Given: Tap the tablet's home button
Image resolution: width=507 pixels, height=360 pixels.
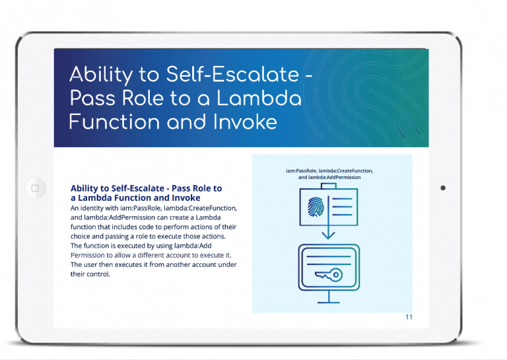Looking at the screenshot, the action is point(35,188).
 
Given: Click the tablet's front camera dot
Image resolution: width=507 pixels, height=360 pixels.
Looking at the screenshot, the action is point(443,188).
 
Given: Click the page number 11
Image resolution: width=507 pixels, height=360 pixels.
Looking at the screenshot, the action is point(409,317).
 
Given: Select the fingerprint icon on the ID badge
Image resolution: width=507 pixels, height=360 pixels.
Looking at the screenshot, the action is point(316,207).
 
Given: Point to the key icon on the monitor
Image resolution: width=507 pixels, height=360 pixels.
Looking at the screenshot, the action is point(329,275).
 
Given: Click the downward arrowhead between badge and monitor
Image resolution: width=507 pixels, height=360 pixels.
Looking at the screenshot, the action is point(329,235).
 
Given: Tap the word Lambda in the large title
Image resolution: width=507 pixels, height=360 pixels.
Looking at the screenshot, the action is point(259,98).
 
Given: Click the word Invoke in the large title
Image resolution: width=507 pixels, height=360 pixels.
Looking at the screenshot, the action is point(245,122).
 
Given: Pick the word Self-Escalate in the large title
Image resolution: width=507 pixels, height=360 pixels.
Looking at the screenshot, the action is point(232,75).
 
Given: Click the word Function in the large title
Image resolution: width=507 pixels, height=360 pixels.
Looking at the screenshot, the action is point(115,122).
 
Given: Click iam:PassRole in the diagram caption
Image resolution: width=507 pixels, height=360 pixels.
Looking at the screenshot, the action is point(302,170).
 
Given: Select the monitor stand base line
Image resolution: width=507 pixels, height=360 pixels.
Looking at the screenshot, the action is point(329,303).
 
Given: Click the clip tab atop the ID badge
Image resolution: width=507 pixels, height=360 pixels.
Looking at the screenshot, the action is point(329,186).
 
